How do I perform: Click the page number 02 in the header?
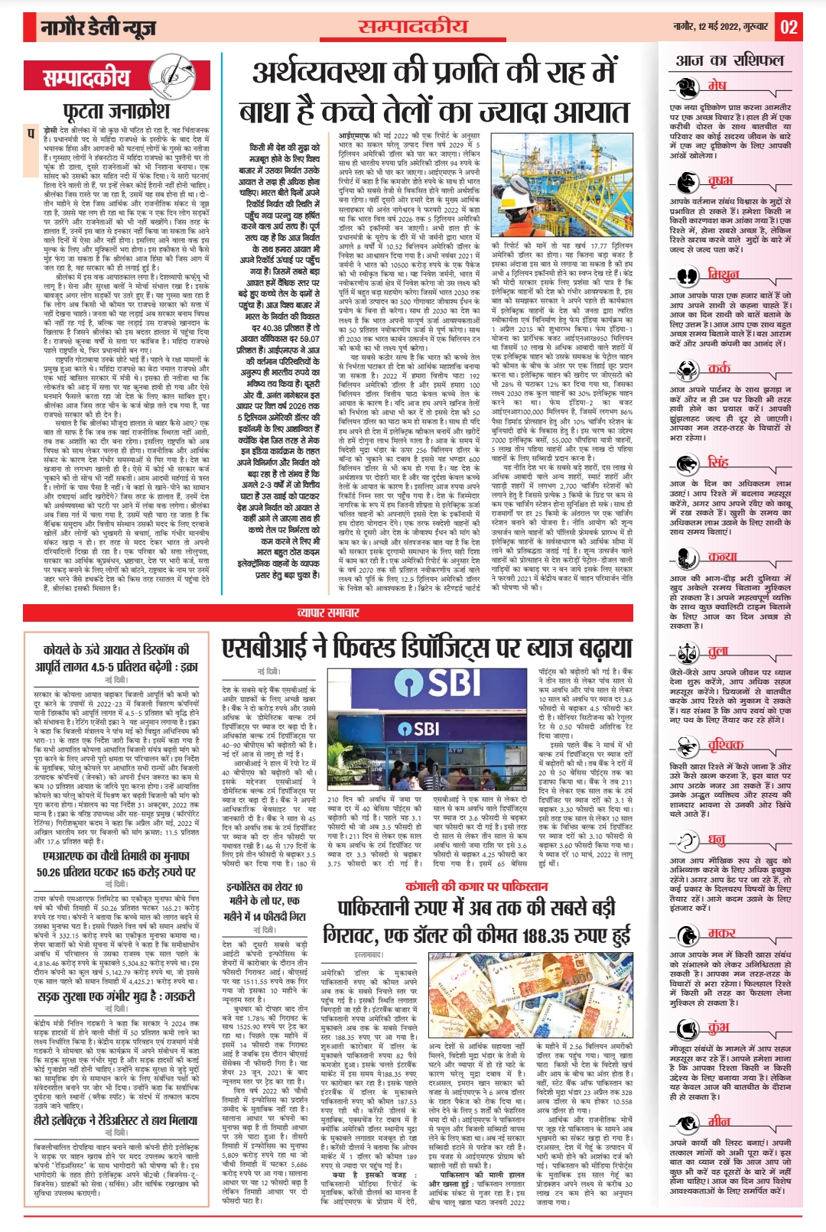tap(789, 28)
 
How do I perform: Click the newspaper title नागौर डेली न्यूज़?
tap(99, 28)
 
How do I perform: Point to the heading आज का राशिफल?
tap(729, 60)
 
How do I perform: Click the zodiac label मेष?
tap(717, 85)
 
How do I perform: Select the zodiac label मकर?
tap(721, 932)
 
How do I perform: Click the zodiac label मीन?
tap(719, 1121)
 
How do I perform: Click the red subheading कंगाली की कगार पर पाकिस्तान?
tap(476, 886)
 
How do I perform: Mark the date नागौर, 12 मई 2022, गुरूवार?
tap(720, 27)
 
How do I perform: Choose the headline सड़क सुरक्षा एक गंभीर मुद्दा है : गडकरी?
tap(116, 996)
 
